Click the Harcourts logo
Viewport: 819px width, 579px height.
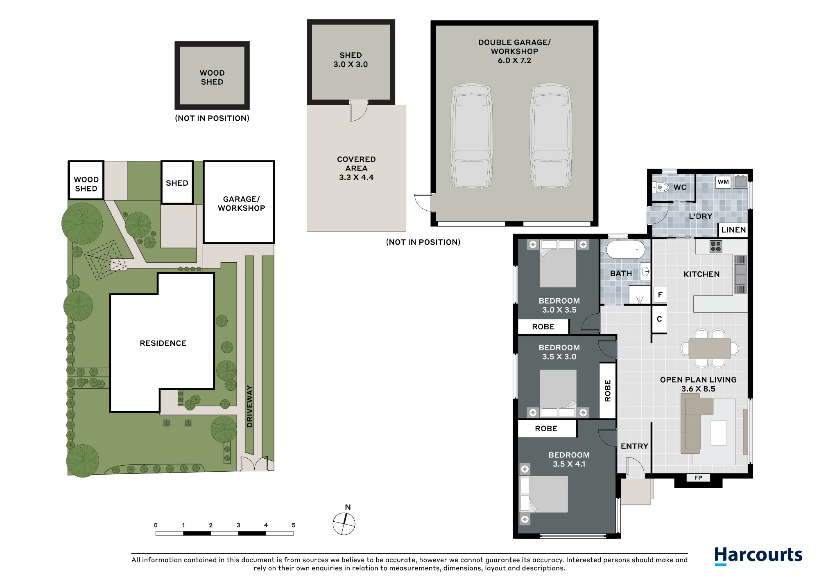pos(758,556)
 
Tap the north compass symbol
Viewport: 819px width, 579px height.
pos(344,523)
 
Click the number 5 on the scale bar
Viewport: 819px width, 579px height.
pos(293,525)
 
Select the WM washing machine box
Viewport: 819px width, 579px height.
pos(723,182)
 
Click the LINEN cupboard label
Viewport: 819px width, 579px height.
pos(733,230)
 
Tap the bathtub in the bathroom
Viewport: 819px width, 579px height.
pos(626,249)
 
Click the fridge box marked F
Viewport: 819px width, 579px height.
pos(660,295)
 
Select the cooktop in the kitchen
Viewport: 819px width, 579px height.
pos(716,246)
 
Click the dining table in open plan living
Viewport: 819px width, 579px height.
pos(710,348)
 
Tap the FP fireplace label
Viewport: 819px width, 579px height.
pos(698,478)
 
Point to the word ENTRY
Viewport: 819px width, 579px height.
pos(634,446)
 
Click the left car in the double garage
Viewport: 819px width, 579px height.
pos(471,136)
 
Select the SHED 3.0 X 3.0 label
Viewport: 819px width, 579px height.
pos(351,60)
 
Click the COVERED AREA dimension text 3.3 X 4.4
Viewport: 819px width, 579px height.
pos(356,178)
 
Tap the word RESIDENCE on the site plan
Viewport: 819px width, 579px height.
pos(163,343)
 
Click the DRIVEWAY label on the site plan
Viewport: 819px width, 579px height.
pos(249,406)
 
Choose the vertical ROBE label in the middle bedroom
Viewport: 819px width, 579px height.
pos(608,391)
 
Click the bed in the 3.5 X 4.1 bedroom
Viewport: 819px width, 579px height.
pos(544,494)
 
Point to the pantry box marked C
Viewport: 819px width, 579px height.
pos(659,319)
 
